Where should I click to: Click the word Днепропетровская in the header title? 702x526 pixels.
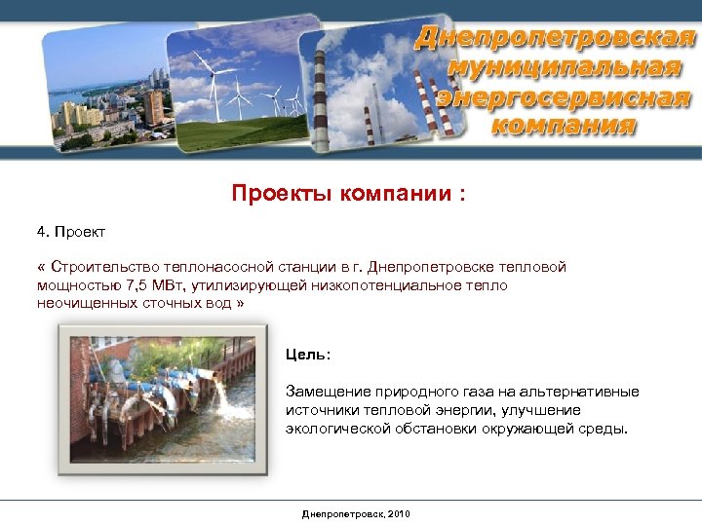coord(555,39)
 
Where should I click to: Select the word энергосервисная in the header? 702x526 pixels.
coord(564,97)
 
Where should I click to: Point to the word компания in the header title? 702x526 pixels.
coord(564,126)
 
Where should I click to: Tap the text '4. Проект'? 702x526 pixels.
coord(70,233)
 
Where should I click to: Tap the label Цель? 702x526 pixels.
coord(308,354)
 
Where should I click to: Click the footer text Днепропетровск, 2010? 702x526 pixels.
coord(356,513)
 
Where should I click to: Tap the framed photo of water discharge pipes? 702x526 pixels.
coord(164,398)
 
